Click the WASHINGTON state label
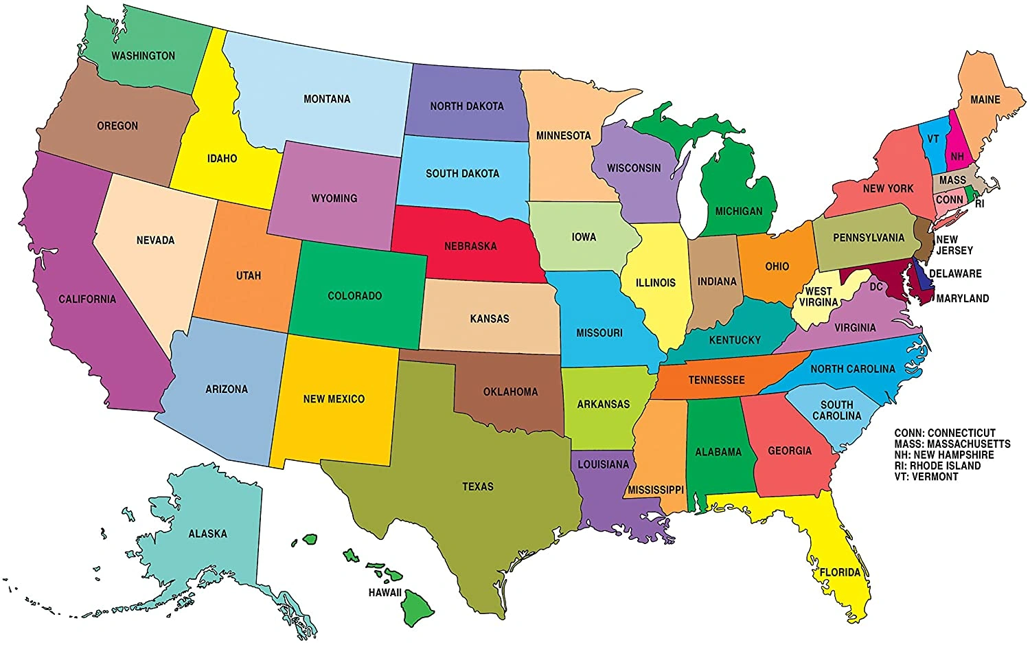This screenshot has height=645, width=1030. pos(143,56)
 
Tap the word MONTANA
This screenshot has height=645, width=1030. pos(327,99)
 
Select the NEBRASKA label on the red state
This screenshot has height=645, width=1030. pos(470,246)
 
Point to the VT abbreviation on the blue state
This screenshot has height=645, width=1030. pos(933,139)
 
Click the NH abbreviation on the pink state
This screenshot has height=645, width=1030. pos(957,157)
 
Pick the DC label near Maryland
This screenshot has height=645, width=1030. pos(876,286)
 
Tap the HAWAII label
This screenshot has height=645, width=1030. pos(385,592)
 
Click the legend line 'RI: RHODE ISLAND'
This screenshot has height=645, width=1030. pos(937,466)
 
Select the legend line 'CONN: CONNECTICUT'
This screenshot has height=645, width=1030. pos(945,433)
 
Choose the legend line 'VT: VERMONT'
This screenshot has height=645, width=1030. pos(926,477)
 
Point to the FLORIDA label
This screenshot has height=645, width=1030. pos(840,572)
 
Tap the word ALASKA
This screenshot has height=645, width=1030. pos(207,534)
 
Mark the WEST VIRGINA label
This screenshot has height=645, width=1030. pos(819,297)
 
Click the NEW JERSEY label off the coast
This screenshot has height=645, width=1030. pos(954,245)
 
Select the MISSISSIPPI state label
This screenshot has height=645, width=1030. pos(656,490)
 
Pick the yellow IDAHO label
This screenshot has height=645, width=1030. pos(222,159)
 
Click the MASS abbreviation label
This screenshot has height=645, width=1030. pos(952,180)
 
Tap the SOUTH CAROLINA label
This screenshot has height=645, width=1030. pos(836,410)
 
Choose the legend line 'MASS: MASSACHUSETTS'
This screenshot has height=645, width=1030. pos(952,444)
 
